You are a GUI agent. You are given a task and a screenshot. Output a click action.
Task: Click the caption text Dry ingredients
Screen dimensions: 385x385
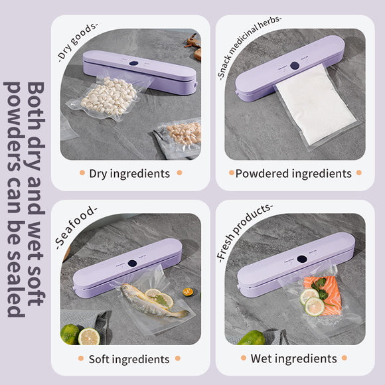click(129, 174)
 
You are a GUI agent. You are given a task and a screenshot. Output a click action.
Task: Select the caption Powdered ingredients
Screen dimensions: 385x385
click(293, 174)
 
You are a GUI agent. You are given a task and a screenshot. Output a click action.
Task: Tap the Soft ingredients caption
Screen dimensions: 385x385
click(129, 359)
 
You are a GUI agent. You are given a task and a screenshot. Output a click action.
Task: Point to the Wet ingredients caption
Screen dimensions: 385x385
click(293, 359)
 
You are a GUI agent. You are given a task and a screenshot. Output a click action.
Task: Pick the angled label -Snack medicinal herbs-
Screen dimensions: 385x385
click(249, 47)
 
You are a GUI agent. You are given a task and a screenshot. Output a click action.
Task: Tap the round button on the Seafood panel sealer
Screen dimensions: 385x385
click(132, 264)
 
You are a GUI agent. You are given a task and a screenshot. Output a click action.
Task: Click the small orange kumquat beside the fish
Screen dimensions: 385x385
click(189, 291)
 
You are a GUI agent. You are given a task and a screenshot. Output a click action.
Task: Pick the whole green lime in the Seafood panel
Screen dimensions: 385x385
click(70, 334)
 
